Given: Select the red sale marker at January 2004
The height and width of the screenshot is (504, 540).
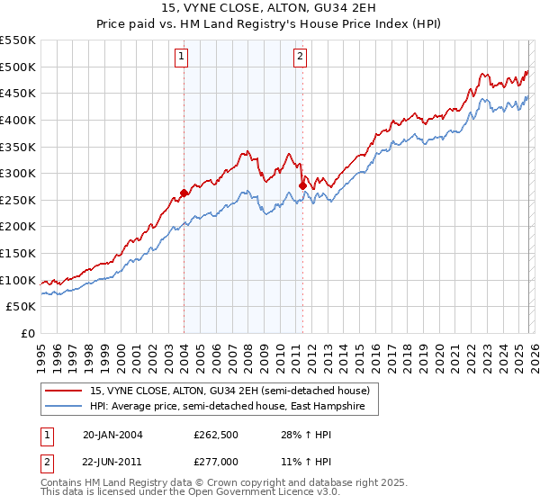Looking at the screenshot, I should click(x=184, y=192).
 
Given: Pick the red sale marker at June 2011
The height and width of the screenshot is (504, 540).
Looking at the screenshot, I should click(x=302, y=184).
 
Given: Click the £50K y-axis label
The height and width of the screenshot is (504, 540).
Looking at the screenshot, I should click(x=22, y=307).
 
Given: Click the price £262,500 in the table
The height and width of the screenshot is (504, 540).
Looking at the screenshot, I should click(x=214, y=435).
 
